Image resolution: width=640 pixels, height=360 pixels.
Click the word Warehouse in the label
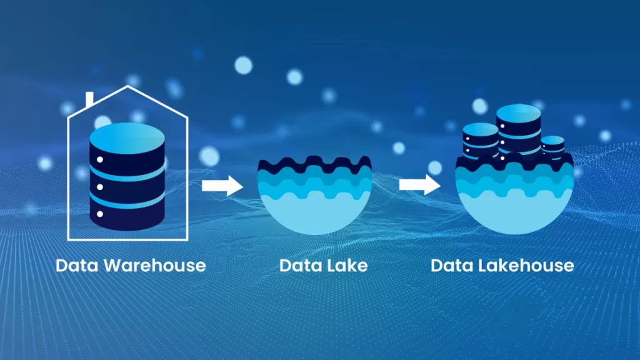(155, 266)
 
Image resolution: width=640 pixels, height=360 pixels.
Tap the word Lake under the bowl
(346, 266)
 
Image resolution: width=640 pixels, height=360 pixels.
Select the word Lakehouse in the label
(526, 266)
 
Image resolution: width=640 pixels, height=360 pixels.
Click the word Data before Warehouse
(77, 266)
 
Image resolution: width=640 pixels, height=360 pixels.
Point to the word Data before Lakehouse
(452, 266)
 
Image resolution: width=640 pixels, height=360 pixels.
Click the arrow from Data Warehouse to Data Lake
(222, 186)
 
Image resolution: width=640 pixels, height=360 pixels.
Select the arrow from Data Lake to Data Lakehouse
(419, 185)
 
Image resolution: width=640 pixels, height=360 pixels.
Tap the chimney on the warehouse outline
(90, 99)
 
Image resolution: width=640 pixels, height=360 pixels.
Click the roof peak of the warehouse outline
(127, 86)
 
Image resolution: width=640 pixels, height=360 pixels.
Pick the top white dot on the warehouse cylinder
(100, 159)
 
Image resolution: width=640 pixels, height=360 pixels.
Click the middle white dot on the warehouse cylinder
(100, 187)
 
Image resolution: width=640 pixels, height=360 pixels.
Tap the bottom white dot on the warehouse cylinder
(100, 214)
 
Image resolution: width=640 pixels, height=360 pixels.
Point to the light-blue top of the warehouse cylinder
(127, 138)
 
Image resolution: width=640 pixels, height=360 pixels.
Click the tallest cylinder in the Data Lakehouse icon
(518, 131)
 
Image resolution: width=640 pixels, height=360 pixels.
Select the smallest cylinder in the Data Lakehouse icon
(552, 147)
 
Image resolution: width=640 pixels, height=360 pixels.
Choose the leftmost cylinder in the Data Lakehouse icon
(481, 141)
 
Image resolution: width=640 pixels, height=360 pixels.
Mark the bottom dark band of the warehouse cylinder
(127, 216)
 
